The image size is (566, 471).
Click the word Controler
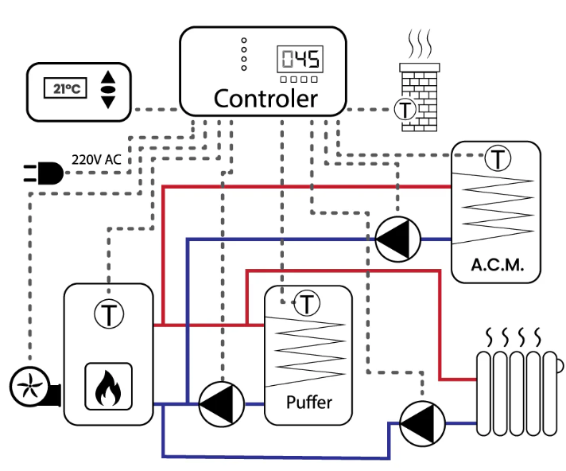pos(266,99)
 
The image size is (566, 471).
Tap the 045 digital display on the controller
pos(300,59)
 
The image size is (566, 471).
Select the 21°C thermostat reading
pos(65,88)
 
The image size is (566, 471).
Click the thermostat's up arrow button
pos(108,77)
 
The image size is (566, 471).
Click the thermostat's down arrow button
pos(108,102)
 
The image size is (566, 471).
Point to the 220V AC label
pos(96,159)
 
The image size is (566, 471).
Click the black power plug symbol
pos(44,173)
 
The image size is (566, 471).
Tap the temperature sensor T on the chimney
pos(405,110)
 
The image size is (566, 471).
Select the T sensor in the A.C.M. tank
pos(498,158)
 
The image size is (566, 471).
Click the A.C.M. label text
pos(497,265)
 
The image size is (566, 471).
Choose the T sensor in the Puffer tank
pos(307,303)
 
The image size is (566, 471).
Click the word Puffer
pos(309,402)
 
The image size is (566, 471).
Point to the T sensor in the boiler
pos(109,314)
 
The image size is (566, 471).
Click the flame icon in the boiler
pos(108,387)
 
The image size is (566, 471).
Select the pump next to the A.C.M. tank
pos(397,239)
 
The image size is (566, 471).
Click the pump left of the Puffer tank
pos(222,404)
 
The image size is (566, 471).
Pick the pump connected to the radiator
pos(422,424)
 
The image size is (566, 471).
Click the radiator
pos(519,393)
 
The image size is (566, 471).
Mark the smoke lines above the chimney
pos(420,44)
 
